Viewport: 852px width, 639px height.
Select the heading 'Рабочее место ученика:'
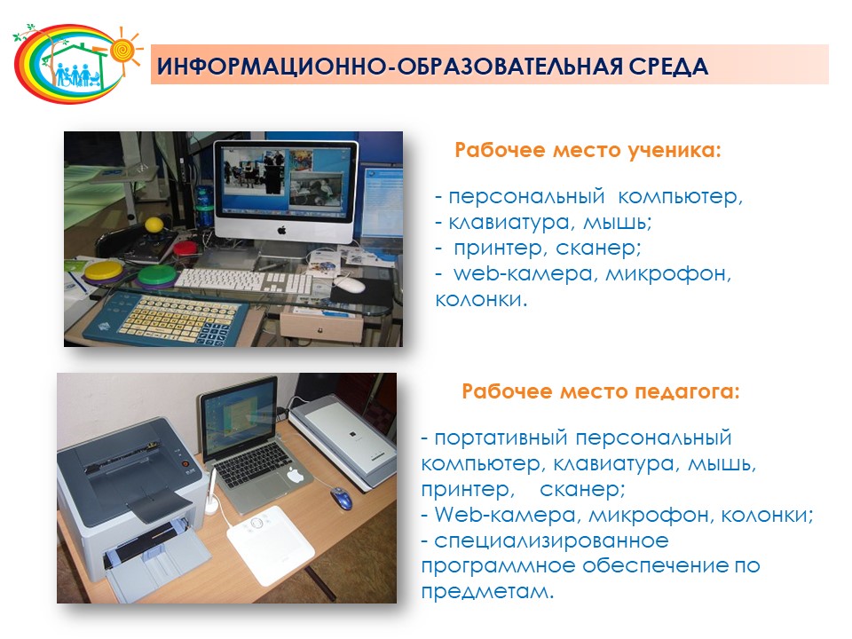[588, 150]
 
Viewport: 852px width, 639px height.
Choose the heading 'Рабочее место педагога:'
[601, 391]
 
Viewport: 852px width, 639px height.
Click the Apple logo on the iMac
[281, 231]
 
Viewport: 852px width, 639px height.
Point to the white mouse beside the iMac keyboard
[348, 283]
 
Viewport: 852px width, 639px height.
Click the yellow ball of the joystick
[154, 224]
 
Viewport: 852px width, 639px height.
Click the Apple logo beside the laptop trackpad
[295, 475]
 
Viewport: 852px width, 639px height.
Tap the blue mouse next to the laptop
[341, 497]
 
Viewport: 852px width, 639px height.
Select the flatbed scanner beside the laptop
[343, 439]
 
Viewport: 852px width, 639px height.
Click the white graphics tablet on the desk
[270, 543]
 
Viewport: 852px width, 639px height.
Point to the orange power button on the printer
[185, 464]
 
